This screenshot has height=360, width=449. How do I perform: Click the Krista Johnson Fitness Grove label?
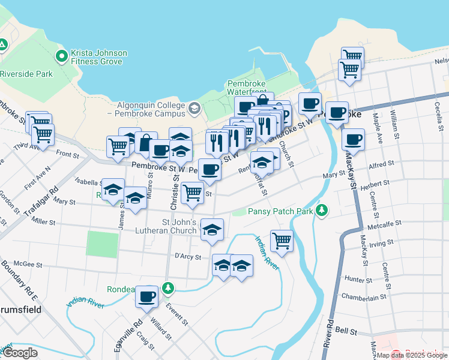point(99,57)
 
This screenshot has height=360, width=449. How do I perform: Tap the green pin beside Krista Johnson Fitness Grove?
point(61,57)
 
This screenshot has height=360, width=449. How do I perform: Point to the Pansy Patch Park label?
point(280,211)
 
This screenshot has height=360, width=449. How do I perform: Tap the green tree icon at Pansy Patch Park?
point(323,210)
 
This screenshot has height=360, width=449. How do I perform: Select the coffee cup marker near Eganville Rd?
point(146,296)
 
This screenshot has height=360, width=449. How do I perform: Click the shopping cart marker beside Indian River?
point(282,241)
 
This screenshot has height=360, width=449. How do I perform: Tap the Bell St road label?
point(346,331)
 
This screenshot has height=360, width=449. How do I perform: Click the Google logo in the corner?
point(20,353)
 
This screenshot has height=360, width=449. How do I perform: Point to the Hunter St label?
point(359,280)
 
